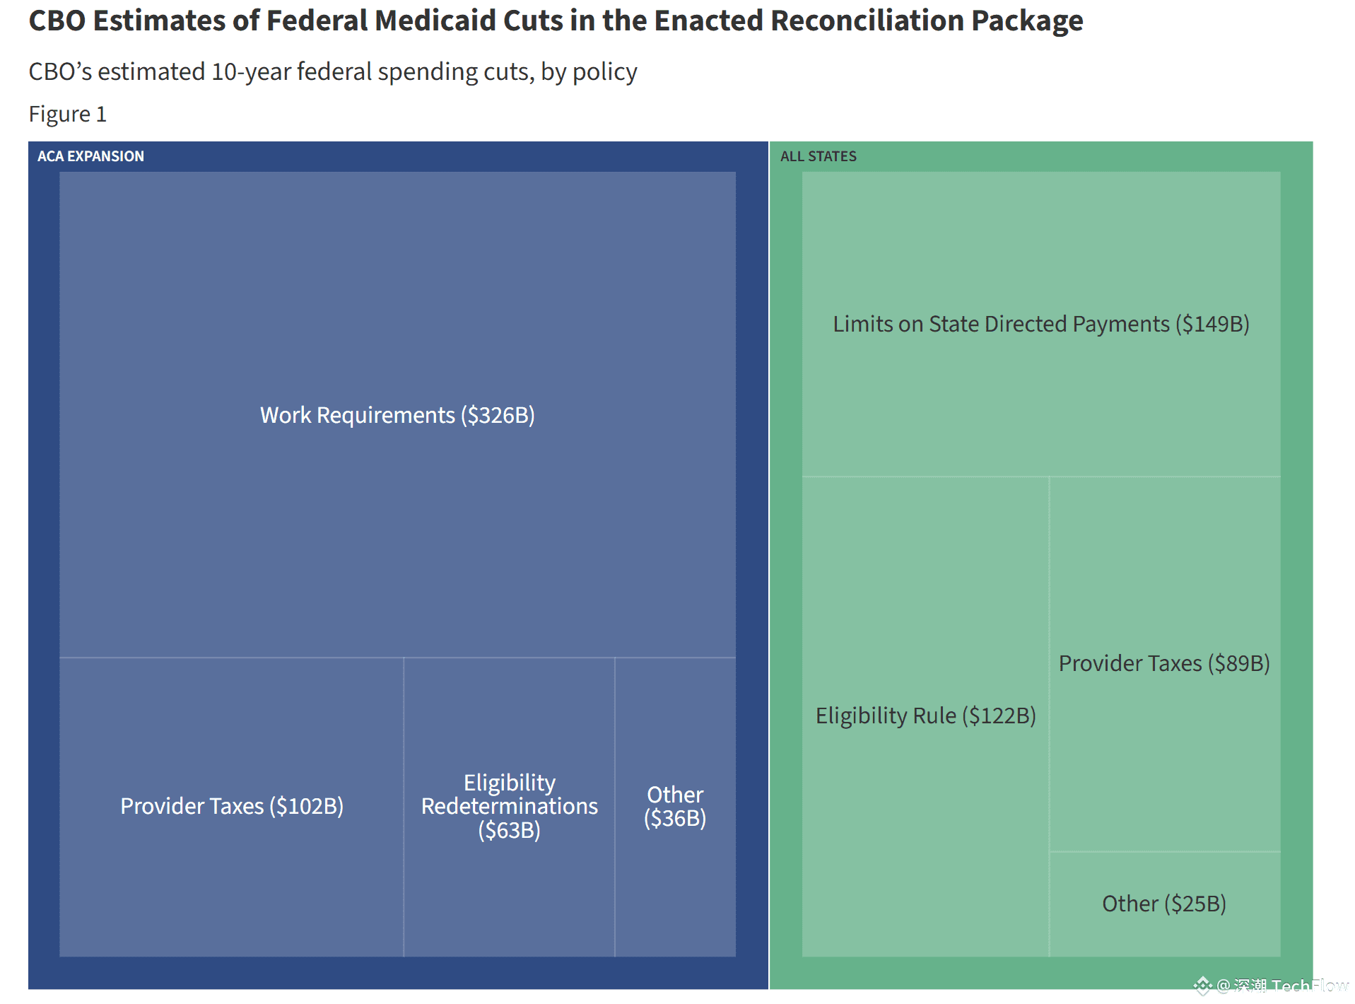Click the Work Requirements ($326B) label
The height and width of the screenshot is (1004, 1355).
397,415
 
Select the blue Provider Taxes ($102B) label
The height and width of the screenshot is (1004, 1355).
232,806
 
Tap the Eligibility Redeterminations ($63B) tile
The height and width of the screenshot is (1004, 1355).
509,806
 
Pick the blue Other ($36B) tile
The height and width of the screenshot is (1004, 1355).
675,806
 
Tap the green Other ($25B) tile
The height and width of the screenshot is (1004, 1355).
1164,904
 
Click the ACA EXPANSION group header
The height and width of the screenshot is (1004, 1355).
90,156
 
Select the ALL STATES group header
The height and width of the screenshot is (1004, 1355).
818,156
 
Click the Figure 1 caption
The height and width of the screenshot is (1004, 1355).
68,114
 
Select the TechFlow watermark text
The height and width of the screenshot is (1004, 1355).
1308,986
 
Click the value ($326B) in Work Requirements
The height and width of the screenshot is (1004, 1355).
498,415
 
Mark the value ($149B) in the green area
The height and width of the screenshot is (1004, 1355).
1212,324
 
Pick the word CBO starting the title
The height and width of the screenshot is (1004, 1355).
57,21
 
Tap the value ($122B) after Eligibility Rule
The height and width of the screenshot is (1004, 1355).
999,716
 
